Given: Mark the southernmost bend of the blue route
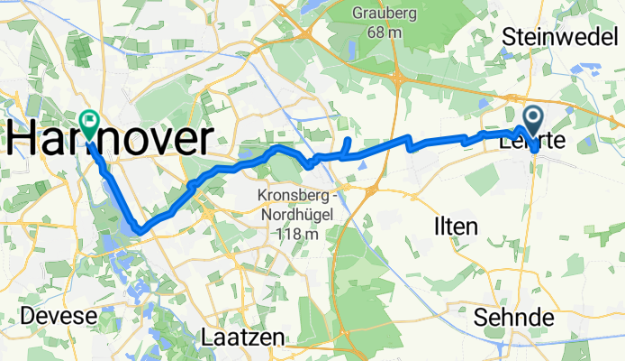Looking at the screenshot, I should (140, 229).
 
